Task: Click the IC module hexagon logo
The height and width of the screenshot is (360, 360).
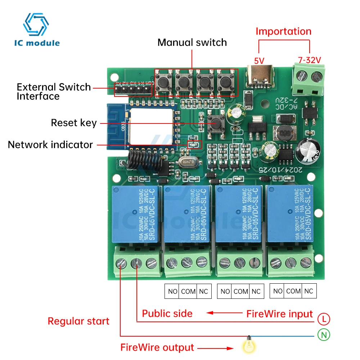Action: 36,24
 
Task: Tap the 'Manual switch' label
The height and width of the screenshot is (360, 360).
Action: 192,42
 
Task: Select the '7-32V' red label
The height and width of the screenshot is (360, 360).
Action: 309,60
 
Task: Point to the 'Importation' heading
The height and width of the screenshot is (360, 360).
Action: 283,31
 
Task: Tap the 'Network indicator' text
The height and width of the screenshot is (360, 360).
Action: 50,145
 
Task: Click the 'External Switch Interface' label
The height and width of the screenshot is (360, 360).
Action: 54,91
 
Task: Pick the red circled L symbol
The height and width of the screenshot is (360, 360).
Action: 324,319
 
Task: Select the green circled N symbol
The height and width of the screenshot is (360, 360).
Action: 324,335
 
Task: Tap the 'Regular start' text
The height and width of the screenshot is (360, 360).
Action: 78,321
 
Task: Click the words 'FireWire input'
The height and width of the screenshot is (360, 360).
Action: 280,314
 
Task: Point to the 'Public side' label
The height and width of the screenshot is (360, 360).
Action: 167,313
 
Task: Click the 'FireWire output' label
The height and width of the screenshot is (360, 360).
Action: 157,347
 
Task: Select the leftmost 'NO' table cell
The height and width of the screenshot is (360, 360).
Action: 173,292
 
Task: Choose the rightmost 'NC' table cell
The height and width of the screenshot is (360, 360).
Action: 309,291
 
